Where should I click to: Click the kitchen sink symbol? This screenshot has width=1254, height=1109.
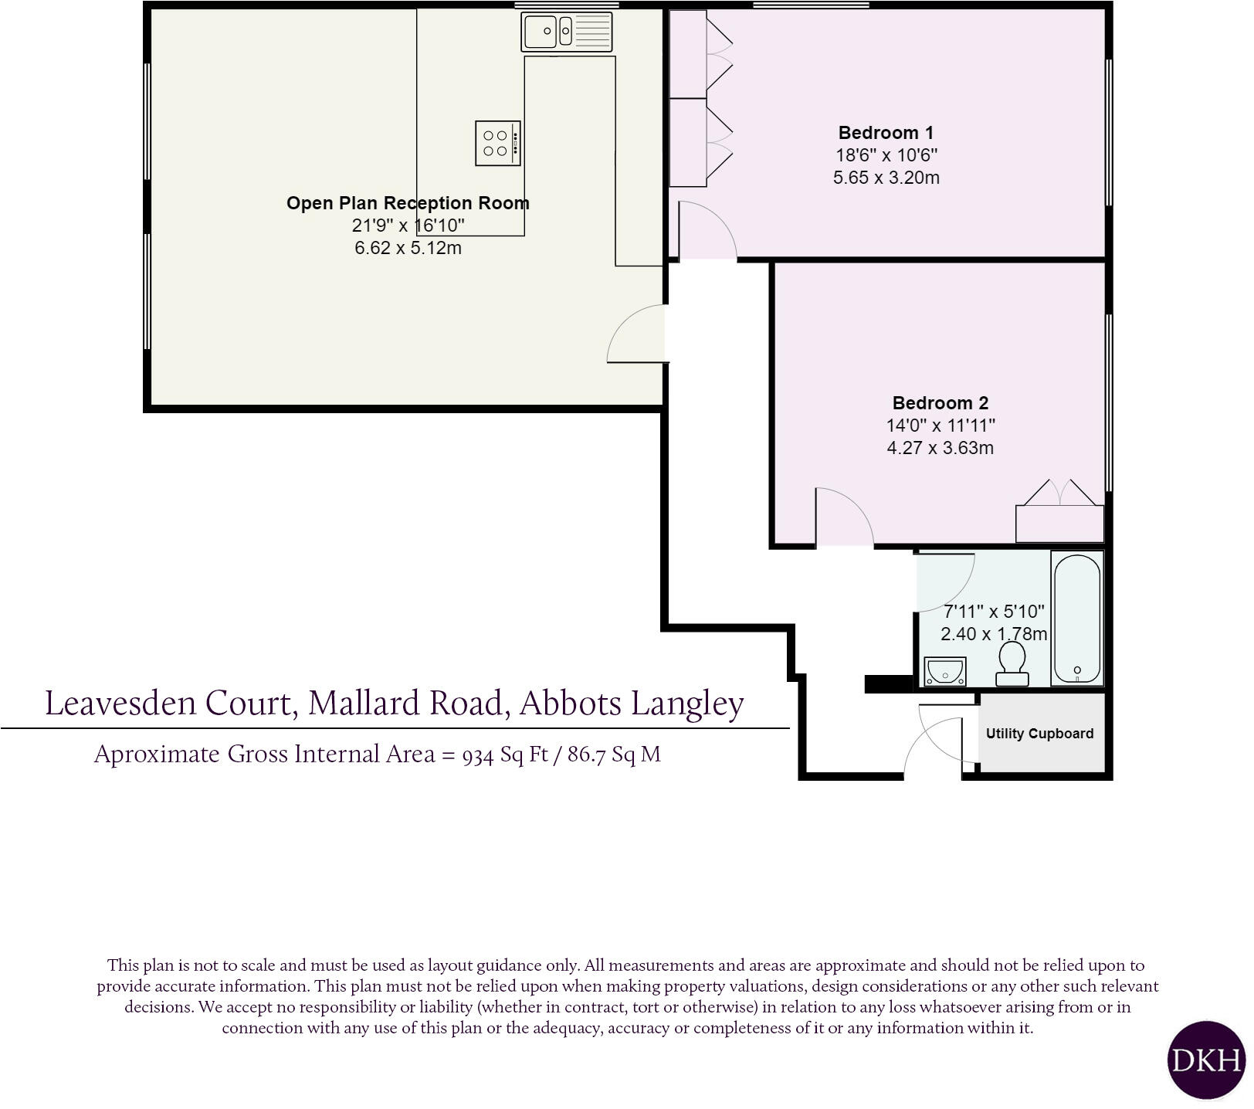[x=567, y=32]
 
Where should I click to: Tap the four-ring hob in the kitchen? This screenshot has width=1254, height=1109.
[x=497, y=143]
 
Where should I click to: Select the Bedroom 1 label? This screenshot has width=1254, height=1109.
[x=886, y=133]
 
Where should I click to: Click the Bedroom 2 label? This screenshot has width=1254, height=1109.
[x=940, y=403]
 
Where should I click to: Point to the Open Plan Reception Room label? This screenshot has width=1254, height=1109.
[x=408, y=203]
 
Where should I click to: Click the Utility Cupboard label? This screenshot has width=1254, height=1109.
[x=1039, y=734]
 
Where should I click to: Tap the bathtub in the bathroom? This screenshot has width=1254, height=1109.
[x=1076, y=618]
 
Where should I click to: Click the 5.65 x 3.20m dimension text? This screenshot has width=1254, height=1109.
[x=886, y=178]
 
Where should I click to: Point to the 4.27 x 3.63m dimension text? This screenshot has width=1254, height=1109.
[x=940, y=448]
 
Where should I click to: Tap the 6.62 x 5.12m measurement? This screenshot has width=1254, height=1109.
[x=408, y=249]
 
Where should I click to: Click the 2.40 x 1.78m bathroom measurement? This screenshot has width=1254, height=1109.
[x=994, y=634]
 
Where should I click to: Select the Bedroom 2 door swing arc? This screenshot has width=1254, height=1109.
[x=849, y=514]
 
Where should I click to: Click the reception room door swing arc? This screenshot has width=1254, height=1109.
[x=635, y=334]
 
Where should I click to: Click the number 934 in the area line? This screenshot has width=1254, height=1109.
[x=478, y=755]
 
